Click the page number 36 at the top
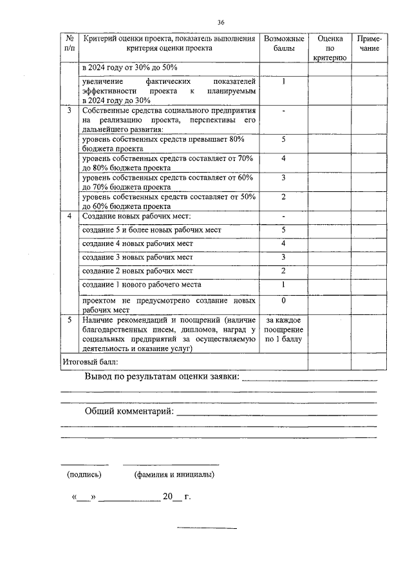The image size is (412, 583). point(220,22)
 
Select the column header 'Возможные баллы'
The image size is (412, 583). point(283,43)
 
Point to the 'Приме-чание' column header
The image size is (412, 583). point(369,43)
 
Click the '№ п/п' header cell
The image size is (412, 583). point(69,43)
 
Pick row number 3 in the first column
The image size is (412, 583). point(69,110)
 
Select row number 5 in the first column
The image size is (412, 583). point(69,320)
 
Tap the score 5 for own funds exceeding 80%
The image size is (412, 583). point(283,139)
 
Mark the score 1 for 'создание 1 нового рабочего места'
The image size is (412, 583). point(283,284)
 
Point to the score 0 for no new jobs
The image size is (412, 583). point(283,300)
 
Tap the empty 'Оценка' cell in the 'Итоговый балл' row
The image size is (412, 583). point(330,362)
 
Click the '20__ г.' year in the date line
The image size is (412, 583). point(177,497)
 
